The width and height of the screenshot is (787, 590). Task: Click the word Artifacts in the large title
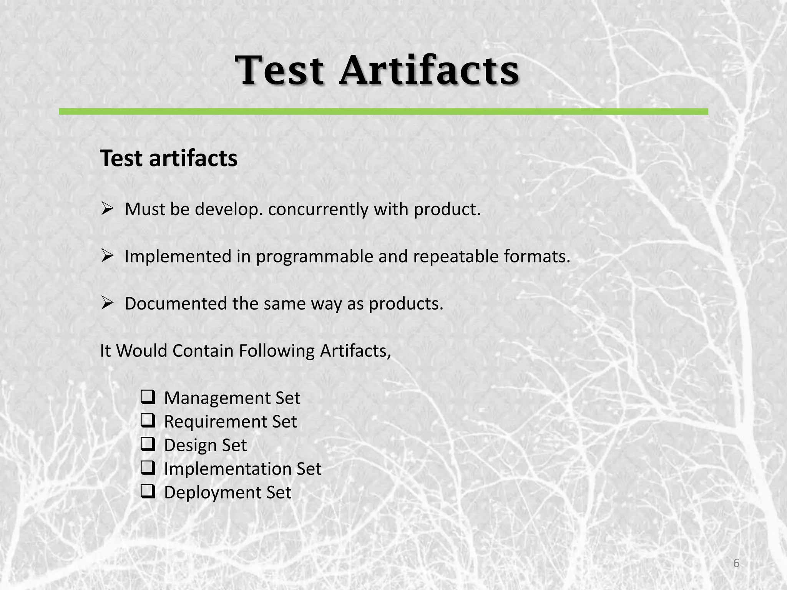click(x=429, y=71)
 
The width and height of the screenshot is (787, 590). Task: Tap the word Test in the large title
click(x=280, y=71)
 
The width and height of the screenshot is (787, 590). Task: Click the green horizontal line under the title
click(x=383, y=111)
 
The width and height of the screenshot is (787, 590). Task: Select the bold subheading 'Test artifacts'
click(x=169, y=158)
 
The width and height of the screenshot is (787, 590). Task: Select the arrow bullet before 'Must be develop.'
click(x=107, y=209)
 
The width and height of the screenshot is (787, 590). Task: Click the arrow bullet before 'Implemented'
click(x=107, y=256)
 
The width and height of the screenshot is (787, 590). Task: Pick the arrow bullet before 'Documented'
click(x=107, y=303)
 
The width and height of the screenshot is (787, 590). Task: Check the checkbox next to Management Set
click(x=148, y=397)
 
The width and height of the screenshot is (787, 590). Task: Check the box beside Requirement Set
click(x=148, y=421)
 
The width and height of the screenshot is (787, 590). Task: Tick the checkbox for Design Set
click(x=148, y=444)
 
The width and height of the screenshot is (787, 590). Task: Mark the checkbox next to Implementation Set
click(x=148, y=468)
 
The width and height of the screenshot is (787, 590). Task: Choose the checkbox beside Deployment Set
click(x=148, y=492)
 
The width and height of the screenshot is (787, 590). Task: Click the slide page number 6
click(x=736, y=563)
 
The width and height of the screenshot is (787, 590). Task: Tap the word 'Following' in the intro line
click(x=277, y=351)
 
